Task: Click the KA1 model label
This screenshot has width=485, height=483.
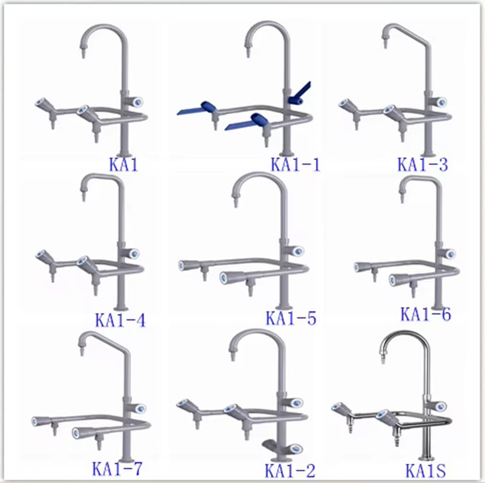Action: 124,164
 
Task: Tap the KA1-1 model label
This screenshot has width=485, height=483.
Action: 295,164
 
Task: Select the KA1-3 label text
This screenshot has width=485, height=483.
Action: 423,164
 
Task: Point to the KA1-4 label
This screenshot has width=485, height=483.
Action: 120,320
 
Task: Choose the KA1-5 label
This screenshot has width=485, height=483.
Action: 291,318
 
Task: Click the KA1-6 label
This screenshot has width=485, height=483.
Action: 426,314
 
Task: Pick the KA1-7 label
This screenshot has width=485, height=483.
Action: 117,468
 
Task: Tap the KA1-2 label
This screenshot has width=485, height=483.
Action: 290,471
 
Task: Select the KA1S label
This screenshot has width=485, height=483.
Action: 426,471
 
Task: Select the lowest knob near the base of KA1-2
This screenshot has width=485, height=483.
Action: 294,448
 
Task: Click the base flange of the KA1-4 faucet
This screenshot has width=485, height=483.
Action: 121,308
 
